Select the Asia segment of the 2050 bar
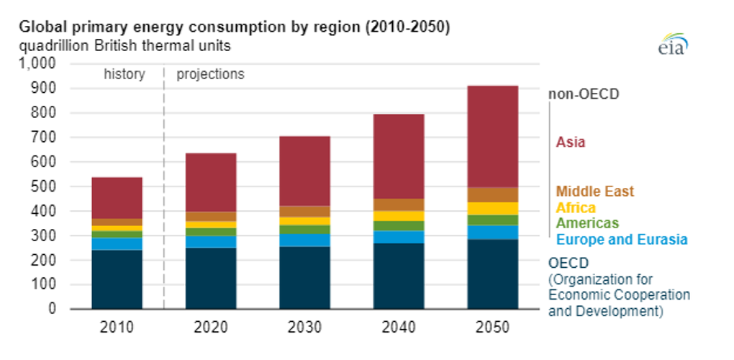pos(492,137)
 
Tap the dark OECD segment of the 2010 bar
pos(117,279)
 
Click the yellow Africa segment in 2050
pos(492,208)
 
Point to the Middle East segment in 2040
pos(399,204)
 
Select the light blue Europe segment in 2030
pos(304,240)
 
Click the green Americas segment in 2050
pos(492,220)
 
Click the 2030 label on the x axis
pos(304,327)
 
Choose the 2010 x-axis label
pos(117,327)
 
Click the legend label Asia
pos(570,142)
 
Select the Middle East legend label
pos(594,192)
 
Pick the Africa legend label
pos(575,208)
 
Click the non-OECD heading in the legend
pos(584,94)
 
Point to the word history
pos(124,74)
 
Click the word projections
pos(210,74)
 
